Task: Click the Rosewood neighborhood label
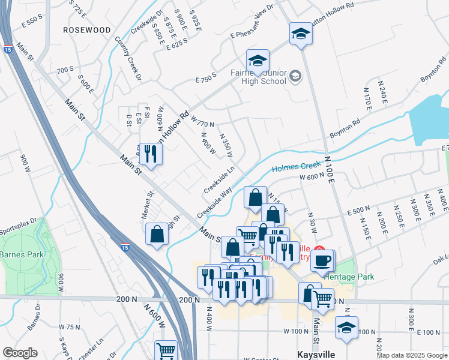[x=88, y=29]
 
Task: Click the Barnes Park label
[x=22, y=254]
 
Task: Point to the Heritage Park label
[x=349, y=277]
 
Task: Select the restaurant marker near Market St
[x=150, y=154]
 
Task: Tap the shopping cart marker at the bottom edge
[x=166, y=351]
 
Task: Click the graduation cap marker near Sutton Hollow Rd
[x=301, y=34]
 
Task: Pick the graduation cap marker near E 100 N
[x=346, y=328]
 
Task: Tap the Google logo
[x=20, y=353]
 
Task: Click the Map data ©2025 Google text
[x=412, y=355]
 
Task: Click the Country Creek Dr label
[x=128, y=60]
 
